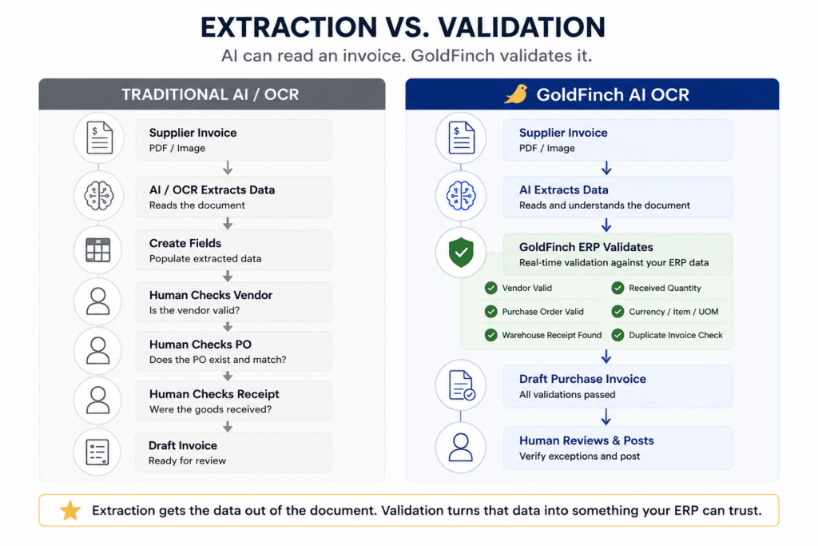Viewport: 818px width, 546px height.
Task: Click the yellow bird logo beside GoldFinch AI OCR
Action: (516, 94)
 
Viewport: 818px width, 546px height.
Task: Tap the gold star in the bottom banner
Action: (70, 511)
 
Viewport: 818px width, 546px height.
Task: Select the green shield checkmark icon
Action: (461, 253)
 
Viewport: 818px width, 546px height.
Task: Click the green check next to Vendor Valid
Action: (491, 288)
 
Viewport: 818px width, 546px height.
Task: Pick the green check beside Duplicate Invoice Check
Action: (617, 335)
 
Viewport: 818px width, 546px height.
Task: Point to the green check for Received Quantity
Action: (617, 288)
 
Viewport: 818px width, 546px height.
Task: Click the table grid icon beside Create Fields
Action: (98, 250)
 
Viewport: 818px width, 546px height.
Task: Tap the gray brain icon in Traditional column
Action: (98, 196)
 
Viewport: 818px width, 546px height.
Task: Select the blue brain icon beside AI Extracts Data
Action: (461, 196)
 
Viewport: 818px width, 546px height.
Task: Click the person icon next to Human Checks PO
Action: (98, 350)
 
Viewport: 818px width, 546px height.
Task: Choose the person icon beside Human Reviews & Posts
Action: (461, 448)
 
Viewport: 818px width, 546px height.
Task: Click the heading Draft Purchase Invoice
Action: (582, 379)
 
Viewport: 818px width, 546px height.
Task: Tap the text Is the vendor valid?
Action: (194, 311)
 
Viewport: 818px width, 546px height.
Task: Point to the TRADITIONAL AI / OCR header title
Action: (210, 94)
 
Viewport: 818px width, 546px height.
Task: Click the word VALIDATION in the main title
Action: (521, 27)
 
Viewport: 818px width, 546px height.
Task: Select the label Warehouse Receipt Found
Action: (551, 335)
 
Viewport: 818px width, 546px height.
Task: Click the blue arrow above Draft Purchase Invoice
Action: (606, 357)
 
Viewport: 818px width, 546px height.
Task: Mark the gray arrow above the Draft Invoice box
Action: (228, 427)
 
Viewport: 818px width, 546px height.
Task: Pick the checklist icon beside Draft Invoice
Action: (98, 452)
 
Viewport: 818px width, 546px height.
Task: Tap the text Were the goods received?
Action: (210, 410)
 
